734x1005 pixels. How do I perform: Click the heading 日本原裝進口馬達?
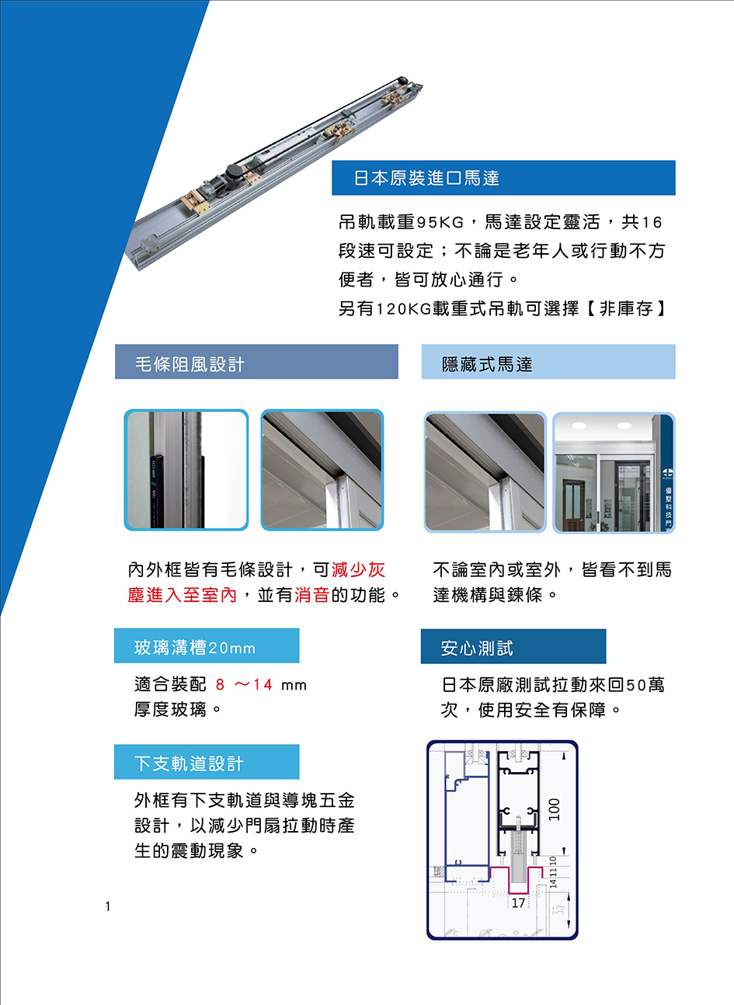point(426,178)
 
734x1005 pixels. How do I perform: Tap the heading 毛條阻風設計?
point(190,364)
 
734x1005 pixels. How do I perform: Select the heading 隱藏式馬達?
point(487,364)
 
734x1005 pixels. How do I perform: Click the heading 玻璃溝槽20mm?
point(195,648)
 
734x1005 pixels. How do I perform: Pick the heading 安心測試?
point(476,649)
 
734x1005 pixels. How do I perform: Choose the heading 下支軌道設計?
point(189,763)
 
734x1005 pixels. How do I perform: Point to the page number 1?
point(108,906)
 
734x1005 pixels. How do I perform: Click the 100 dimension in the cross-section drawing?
point(555,809)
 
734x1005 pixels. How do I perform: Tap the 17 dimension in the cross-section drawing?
point(518,903)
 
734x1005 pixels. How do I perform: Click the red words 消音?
point(312,595)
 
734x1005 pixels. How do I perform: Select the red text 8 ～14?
point(244,685)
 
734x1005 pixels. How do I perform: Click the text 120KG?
point(403,309)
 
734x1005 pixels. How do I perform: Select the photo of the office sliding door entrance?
point(614,473)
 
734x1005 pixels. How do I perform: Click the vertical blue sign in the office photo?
point(668,473)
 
